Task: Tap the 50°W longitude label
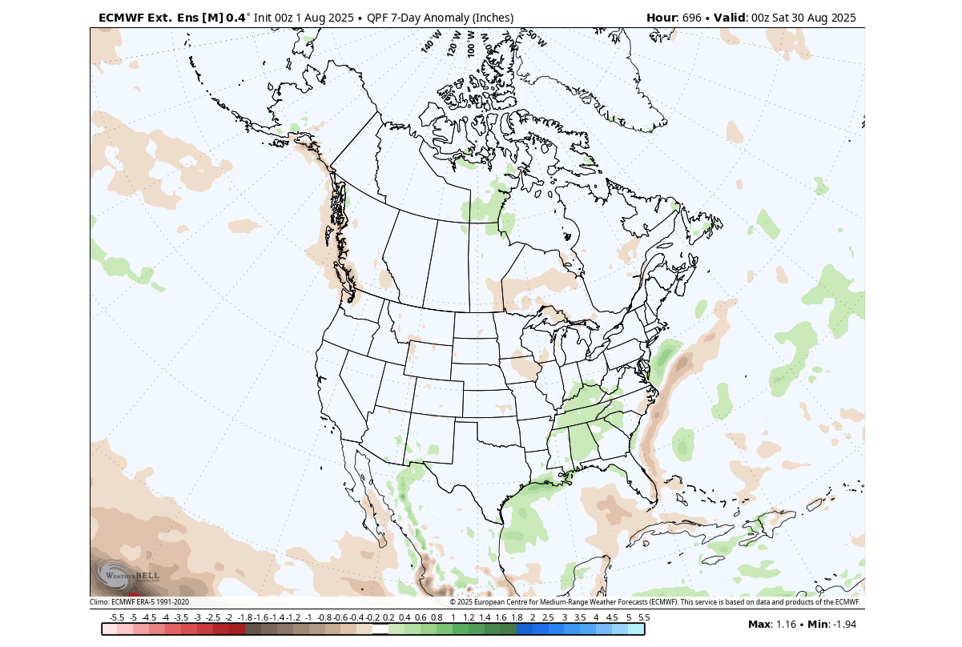click(x=535, y=39)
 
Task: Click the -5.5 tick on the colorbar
click(x=117, y=617)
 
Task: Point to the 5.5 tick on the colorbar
click(x=644, y=617)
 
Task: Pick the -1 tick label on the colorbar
click(x=308, y=617)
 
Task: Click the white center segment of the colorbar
click(x=380, y=629)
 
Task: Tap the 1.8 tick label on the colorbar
click(x=517, y=617)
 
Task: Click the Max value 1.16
click(x=784, y=624)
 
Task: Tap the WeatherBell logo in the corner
click(x=128, y=575)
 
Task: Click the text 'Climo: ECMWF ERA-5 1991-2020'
click(x=139, y=602)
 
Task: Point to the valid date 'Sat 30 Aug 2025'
click(x=812, y=18)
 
